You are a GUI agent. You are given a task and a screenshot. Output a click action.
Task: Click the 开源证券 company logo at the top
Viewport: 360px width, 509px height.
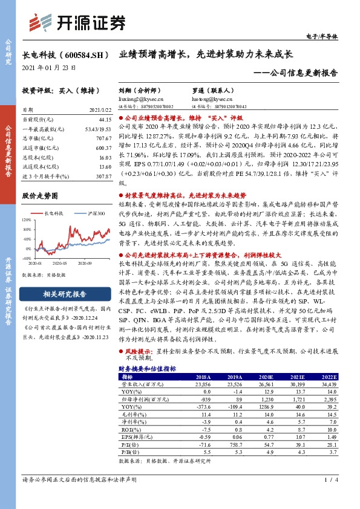pyautogui.click(x=79, y=22)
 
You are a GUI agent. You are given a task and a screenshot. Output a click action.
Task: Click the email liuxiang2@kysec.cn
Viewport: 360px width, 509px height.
pyautogui.click(x=137, y=97)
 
